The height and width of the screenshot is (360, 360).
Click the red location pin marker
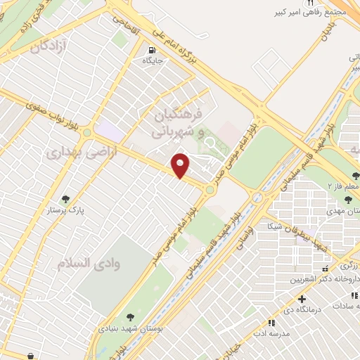(x=181, y=165)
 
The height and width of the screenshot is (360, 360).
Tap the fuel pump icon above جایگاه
(x=152, y=50)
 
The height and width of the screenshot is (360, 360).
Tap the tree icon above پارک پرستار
(x=65, y=199)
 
